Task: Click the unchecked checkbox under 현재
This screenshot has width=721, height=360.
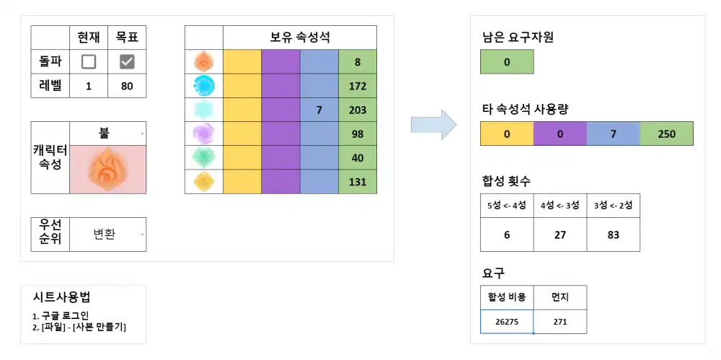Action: click(x=89, y=62)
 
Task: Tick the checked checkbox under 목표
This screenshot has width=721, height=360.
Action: click(x=127, y=62)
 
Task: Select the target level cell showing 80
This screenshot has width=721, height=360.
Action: click(x=127, y=86)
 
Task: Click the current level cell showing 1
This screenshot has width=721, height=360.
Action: click(x=89, y=86)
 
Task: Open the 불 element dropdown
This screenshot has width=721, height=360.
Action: click(x=108, y=133)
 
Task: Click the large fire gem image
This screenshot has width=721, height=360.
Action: click(x=107, y=170)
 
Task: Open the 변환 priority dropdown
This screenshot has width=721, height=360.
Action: click(x=108, y=234)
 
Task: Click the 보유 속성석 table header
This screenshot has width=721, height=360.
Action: click(x=300, y=38)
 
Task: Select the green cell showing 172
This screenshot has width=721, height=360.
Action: click(x=358, y=87)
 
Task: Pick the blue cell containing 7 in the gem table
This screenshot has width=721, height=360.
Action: click(x=319, y=110)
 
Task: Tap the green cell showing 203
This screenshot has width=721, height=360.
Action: click(x=358, y=110)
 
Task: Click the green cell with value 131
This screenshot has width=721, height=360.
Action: click(x=358, y=182)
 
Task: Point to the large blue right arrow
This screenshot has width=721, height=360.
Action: click(x=433, y=125)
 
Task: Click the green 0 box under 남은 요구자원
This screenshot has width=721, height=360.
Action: click(x=507, y=62)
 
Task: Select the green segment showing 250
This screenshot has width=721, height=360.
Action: click(x=666, y=134)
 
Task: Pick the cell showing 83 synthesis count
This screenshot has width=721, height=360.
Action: click(x=613, y=235)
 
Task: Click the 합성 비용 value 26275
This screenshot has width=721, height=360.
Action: click(x=507, y=322)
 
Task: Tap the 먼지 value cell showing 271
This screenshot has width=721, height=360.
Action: click(x=559, y=322)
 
